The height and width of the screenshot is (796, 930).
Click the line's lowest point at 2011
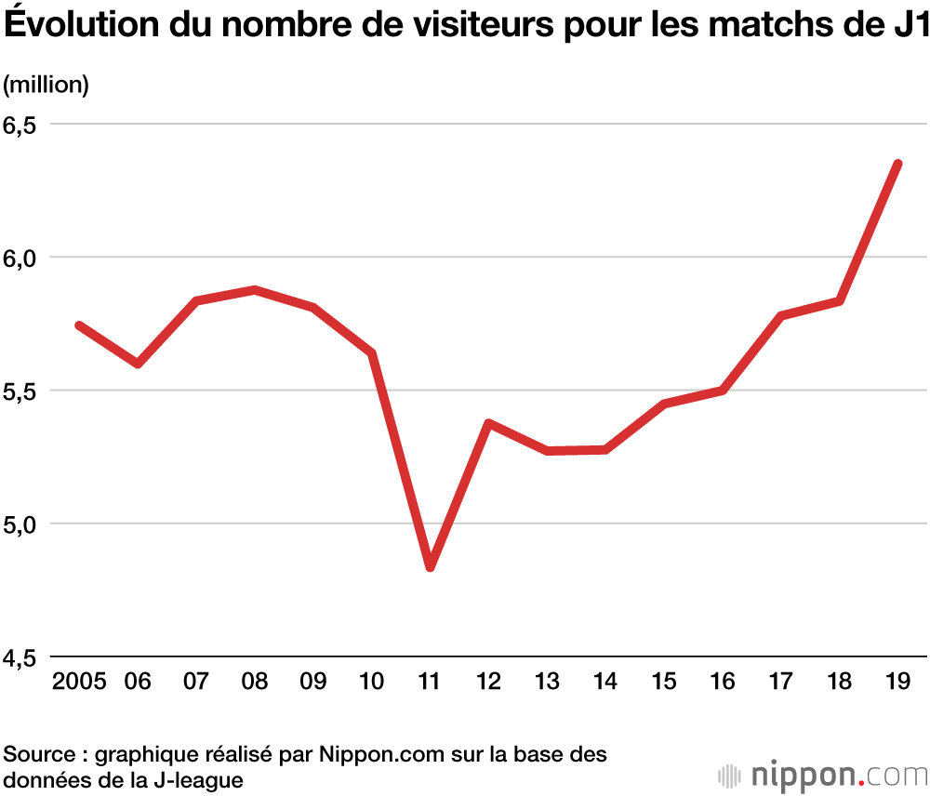tap(430, 566)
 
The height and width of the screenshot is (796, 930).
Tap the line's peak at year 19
tap(897, 165)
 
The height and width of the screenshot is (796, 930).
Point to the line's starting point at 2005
tap(80, 325)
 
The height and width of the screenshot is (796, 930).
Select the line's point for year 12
tap(488, 423)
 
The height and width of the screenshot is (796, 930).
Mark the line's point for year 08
tap(255, 290)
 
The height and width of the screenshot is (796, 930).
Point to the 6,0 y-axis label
tap(25, 259)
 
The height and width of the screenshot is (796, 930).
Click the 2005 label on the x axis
tap(80, 682)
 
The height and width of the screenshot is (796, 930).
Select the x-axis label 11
tap(430, 682)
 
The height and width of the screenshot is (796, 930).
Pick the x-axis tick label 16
tap(722, 682)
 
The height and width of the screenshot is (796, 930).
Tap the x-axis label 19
tap(897, 682)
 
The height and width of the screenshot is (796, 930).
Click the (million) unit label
tap(46, 85)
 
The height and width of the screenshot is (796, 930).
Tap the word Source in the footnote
tap(37, 754)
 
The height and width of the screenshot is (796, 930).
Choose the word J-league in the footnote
tap(199, 779)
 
